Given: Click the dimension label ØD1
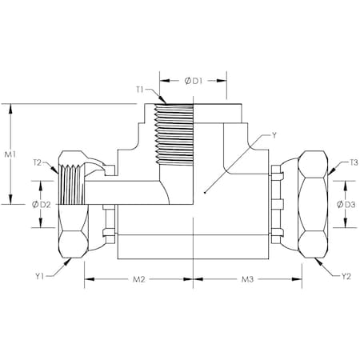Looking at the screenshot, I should (x=195, y=80).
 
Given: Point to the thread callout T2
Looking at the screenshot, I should (x=38, y=162).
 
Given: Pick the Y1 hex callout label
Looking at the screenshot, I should (x=41, y=277).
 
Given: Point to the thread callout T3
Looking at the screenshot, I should (x=353, y=162).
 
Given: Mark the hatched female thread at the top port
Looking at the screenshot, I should (x=174, y=131).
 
